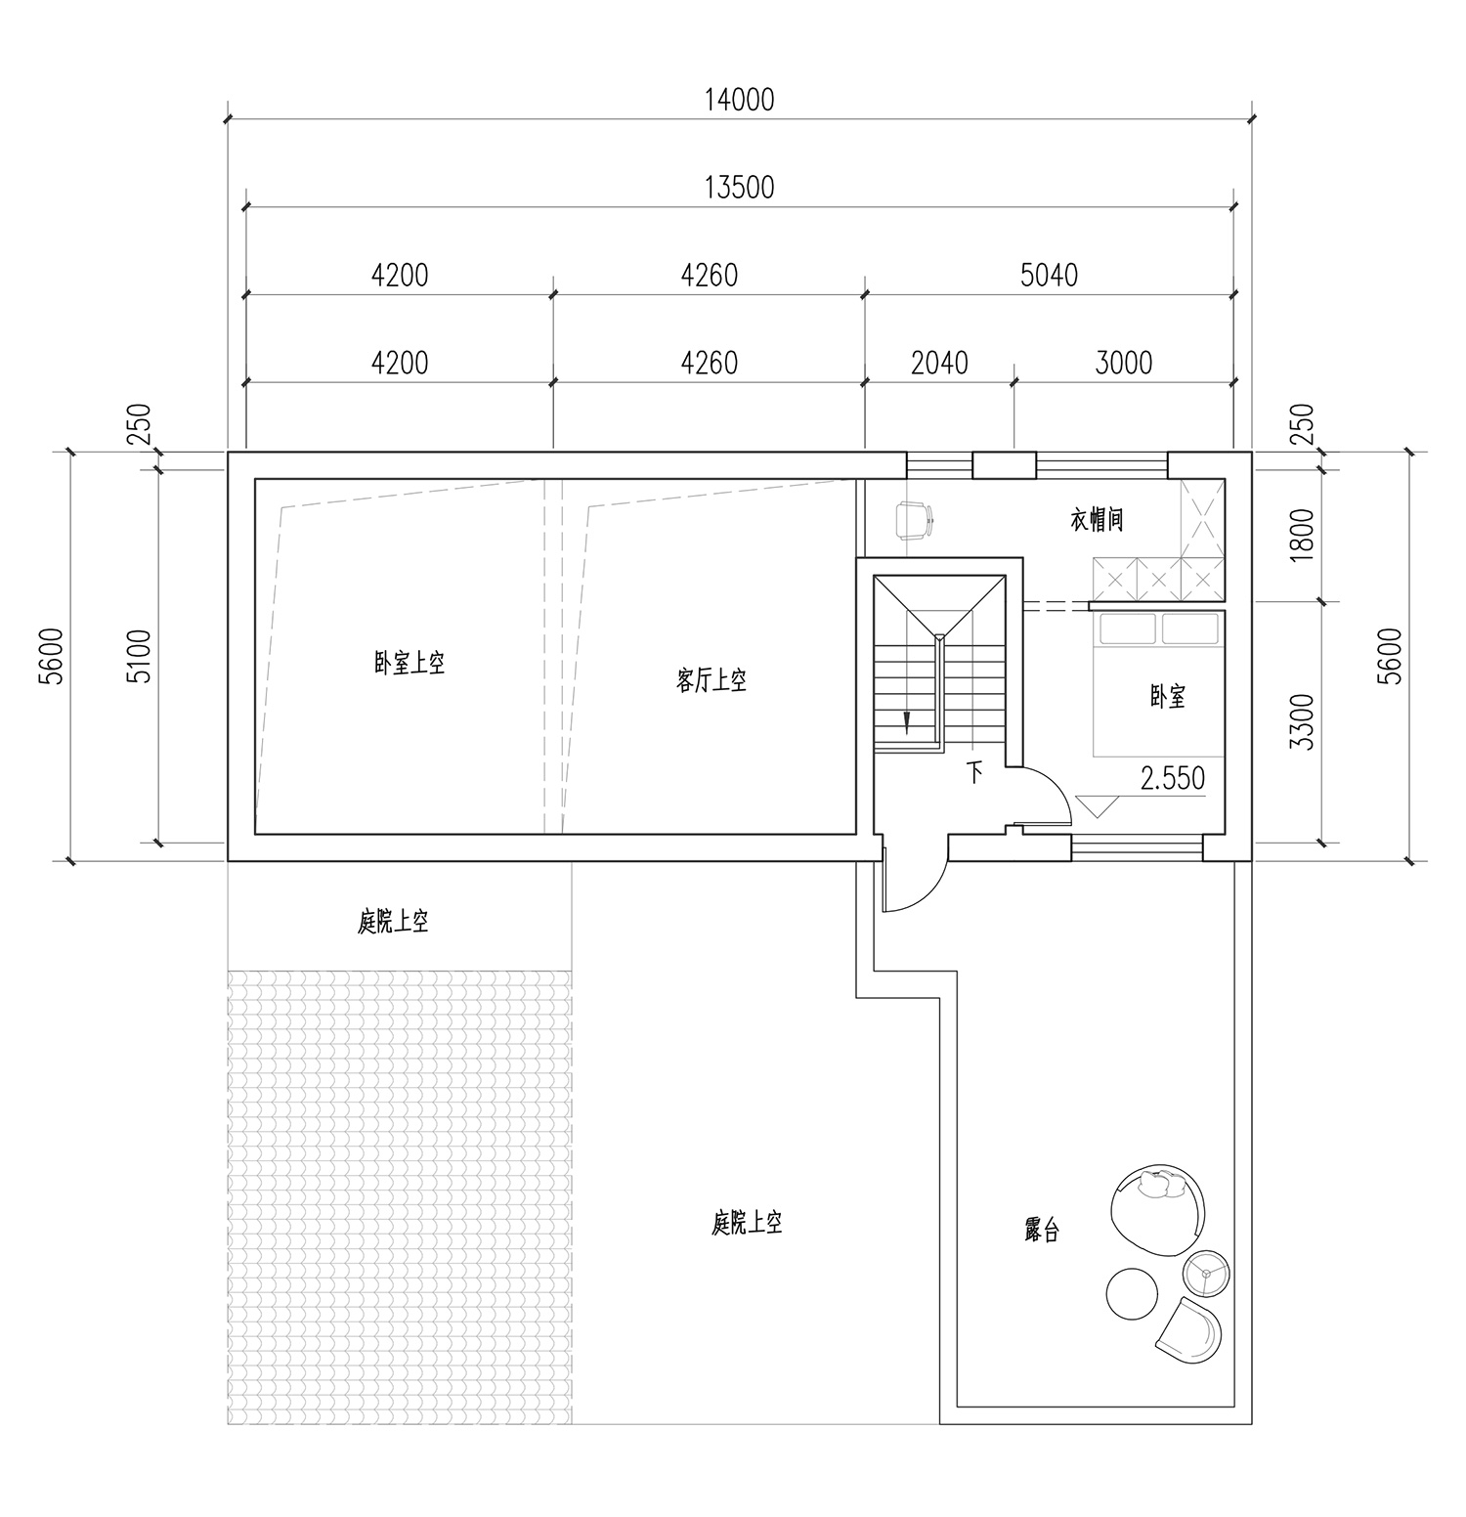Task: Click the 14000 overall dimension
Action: pos(740,100)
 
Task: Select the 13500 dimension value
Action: pos(740,187)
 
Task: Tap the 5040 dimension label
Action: pos(1049,276)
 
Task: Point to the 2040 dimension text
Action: pos(939,364)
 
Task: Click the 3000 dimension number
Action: pos(1124,364)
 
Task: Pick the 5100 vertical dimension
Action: pos(142,656)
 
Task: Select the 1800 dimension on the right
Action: pos(1302,535)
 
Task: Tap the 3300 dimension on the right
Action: pos(1302,721)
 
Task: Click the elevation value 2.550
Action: pos(1172,778)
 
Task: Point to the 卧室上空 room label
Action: pos(410,664)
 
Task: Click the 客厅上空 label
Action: pos(711,681)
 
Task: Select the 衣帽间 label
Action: pos(1097,520)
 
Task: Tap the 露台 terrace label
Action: pos(1042,1230)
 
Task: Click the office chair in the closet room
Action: pos(913,519)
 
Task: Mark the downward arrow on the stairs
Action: pos(907,720)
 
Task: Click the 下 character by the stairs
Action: pos(974,773)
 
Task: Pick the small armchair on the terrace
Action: pos(1188,1326)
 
